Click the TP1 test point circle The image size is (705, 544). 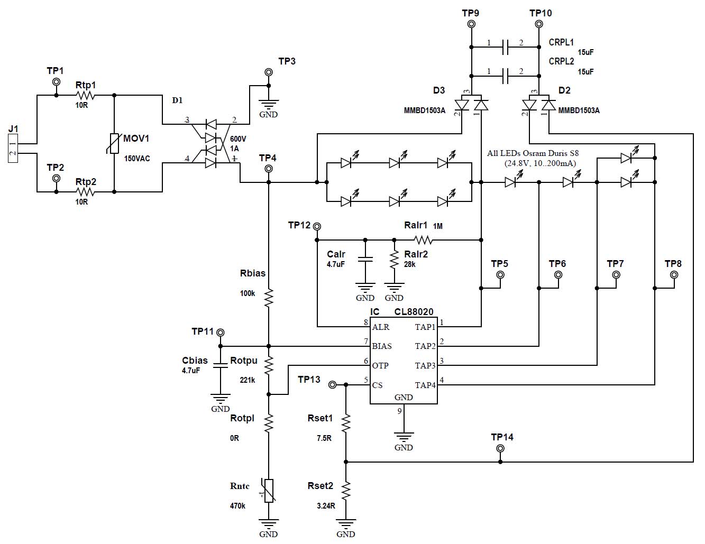[56, 82]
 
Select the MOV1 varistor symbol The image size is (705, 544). [115, 143]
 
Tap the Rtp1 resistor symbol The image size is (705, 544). [85, 96]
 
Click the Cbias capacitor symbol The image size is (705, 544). [221, 364]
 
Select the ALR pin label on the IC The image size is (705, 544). [381, 327]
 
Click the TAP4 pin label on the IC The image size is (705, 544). [425, 385]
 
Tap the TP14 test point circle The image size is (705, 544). [500, 449]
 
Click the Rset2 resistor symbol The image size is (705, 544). [346, 491]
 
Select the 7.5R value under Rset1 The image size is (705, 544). [324, 438]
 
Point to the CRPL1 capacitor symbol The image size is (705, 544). [505, 47]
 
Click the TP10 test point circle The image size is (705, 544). [539, 24]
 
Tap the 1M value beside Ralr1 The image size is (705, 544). [438, 226]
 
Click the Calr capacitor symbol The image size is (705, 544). [365, 260]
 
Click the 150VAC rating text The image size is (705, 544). [136, 159]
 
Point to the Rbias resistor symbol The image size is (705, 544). [269, 298]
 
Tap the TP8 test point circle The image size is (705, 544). [674, 275]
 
